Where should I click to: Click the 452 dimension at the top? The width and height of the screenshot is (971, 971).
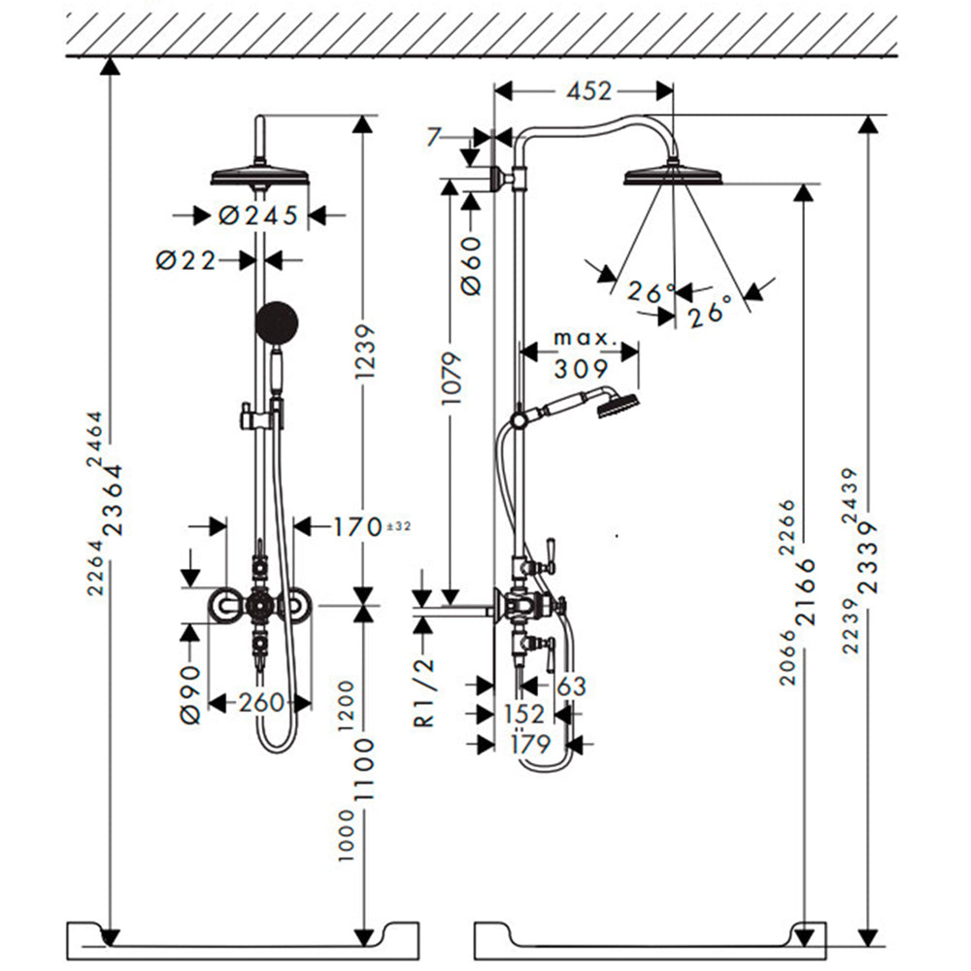click(589, 91)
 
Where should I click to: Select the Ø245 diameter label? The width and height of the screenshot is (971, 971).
click(258, 216)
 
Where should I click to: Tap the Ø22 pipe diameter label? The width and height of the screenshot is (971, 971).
click(185, 260)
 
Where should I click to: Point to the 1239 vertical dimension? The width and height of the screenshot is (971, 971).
click(365, 352)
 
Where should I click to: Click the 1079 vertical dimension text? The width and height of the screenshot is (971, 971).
click(452, 378)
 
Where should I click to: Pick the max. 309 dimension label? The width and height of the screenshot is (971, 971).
click(582, 353)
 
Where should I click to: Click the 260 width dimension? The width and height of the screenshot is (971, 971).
click(261, 702)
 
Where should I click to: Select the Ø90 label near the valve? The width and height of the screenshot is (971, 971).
click(190, 693)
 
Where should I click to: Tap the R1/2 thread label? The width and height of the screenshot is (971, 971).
click(425, 692)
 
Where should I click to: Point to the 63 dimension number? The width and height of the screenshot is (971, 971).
click(571, 686)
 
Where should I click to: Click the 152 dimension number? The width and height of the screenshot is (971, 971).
click(524, 714)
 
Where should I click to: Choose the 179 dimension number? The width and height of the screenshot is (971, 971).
click(531, 744)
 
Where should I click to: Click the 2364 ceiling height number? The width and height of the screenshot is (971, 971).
click(114, 500)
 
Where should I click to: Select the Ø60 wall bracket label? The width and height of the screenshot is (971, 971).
click(471, 264)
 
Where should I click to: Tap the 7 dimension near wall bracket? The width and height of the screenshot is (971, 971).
click(435, 137)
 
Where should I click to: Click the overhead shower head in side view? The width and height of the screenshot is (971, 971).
click(673, 174)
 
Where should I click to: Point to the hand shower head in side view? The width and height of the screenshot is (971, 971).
click(618, 403)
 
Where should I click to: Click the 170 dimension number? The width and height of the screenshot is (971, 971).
click(358, 527)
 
